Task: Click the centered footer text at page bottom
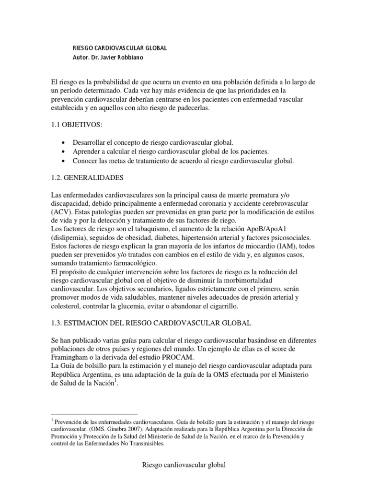coord(184,465)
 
